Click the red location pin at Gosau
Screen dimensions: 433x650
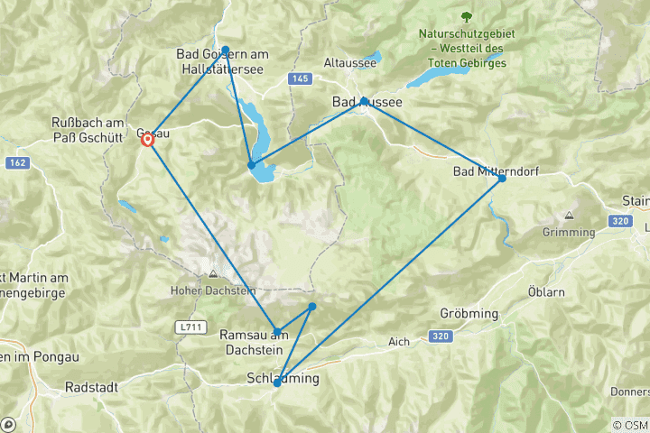click(147, 139)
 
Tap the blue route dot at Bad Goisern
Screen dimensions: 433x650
click(226, 51)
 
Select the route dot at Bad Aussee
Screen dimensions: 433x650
click(364, 101)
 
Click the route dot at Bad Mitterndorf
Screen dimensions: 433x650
click(502, 179)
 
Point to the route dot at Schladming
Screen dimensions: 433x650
click(277, 383)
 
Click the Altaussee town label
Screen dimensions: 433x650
click(344, 64)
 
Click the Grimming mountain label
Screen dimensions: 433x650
click(570, 232)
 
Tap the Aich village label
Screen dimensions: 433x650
click(400, 341)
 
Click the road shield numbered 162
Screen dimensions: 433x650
click(16, 162)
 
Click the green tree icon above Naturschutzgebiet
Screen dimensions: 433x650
click(466, 16)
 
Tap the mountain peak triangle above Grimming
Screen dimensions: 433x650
click(570, 216)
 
